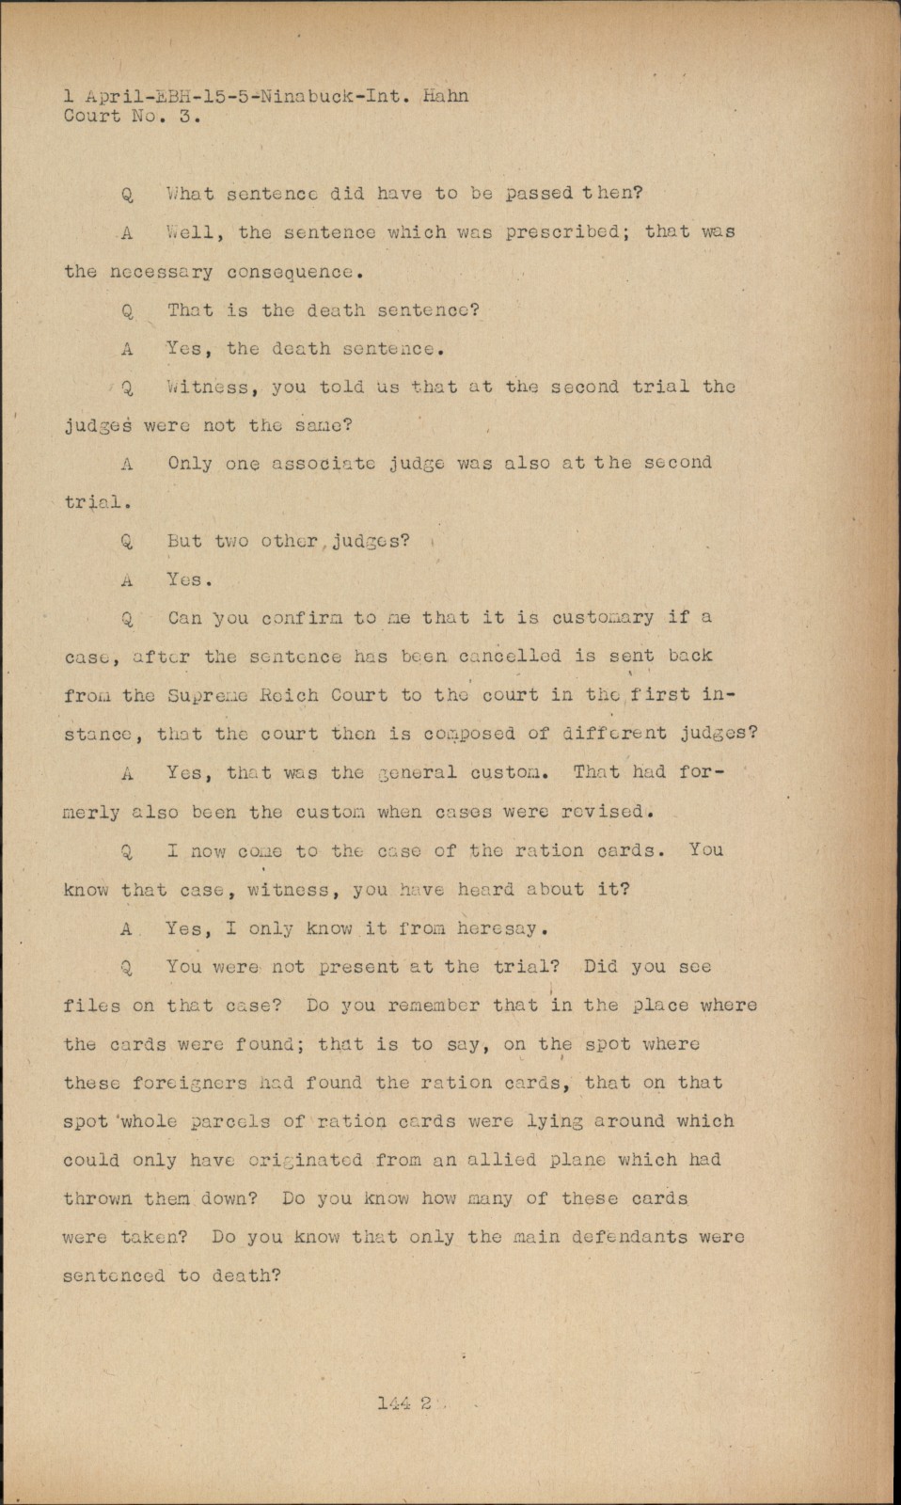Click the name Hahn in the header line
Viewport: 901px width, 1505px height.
point(445,96)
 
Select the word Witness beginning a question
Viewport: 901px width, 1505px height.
point(210,387)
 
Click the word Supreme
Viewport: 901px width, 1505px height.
point(208,695)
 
